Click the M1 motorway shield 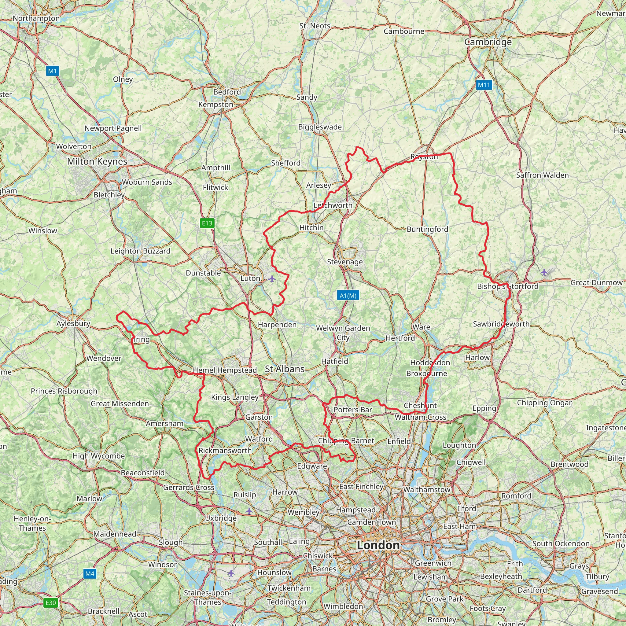[53, 71]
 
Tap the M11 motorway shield [484, 85]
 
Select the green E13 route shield [207, 223]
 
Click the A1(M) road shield [348, 295]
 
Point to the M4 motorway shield [90, 573]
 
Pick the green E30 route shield [50, 602]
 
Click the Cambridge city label [488, 42]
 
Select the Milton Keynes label [97, 161]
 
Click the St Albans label [285, 369]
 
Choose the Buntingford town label [427, 230]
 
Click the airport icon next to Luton [272, 278]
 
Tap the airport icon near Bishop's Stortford [544, 272]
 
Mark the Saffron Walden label [543, 175]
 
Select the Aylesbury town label [73, 323]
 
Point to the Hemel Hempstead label [225, 370]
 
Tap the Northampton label [36, 18]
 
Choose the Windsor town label [162, 565]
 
